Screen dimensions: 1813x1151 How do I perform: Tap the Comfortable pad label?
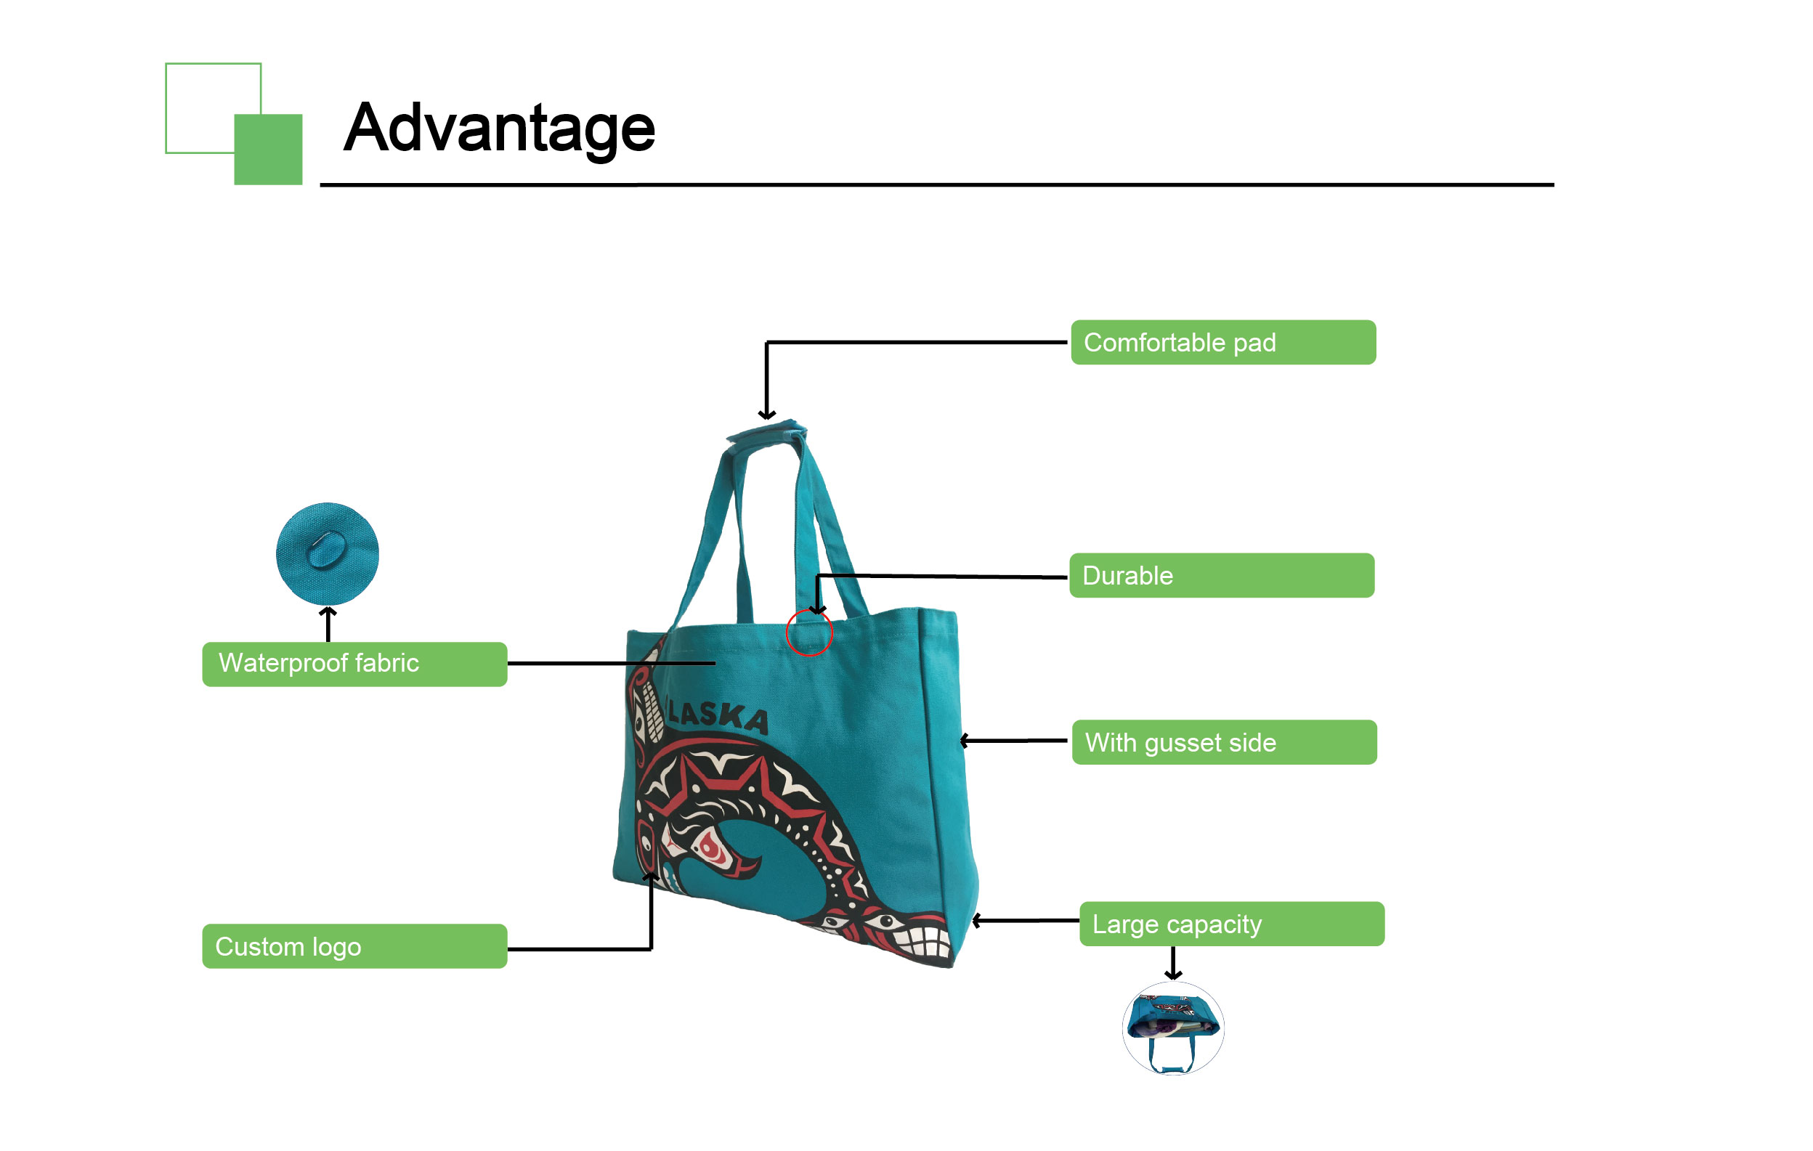1222,343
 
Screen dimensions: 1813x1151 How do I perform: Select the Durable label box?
1221,576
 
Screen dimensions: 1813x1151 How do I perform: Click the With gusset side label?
1224,742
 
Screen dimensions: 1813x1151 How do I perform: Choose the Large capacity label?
1232,924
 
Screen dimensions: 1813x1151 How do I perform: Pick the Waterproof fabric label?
354,664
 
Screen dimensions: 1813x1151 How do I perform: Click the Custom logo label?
354,946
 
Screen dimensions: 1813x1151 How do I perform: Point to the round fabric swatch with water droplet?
328,554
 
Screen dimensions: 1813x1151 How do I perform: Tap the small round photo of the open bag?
1173,1028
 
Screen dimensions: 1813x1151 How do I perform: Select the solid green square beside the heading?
268,149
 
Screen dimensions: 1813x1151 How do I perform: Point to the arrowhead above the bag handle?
766,413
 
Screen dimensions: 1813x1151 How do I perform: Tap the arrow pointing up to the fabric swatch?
328,624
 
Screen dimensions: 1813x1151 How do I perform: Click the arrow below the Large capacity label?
1173,963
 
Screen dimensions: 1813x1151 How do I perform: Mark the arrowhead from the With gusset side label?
965,741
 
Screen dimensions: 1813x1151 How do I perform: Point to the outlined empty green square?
166,108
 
